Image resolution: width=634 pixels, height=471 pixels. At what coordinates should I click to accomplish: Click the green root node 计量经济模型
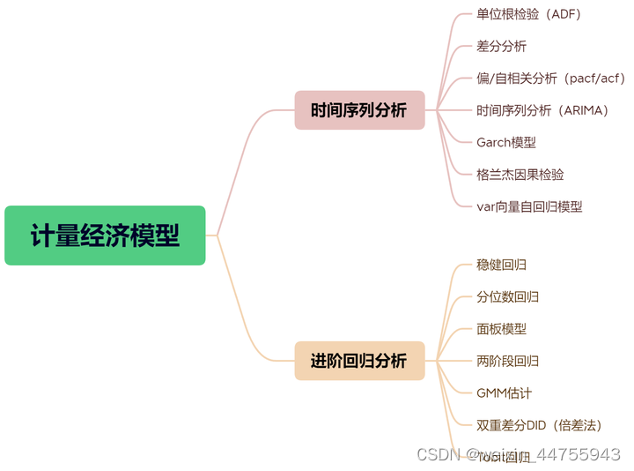105,235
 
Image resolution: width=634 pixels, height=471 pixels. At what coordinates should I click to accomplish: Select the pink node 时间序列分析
359,110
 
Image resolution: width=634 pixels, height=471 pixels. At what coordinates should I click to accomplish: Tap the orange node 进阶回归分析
359,361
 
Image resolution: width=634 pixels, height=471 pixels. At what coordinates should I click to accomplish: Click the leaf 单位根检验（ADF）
528,14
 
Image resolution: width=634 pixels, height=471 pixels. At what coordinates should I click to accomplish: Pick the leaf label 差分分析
501,46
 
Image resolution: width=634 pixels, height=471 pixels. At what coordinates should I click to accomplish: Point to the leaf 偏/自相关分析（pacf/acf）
550,78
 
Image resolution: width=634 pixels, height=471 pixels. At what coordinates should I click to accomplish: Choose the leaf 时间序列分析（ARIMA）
542,110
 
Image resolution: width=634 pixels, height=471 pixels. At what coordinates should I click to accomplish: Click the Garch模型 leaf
506,142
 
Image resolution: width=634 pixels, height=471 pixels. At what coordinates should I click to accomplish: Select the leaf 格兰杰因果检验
520,175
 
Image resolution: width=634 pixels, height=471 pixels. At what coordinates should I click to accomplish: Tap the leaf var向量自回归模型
529,206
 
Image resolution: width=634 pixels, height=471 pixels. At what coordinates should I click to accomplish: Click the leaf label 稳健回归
501,265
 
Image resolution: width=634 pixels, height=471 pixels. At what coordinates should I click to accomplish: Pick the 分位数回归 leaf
507,296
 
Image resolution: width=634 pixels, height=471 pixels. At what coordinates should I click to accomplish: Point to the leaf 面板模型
501,329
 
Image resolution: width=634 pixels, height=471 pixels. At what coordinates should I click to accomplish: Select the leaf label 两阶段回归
507,361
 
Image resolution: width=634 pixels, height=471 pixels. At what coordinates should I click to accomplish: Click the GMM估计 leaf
504,392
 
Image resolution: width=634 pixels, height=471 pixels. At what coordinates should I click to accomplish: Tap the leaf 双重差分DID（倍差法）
539,425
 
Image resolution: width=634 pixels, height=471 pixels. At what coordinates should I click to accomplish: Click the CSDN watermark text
438,455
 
